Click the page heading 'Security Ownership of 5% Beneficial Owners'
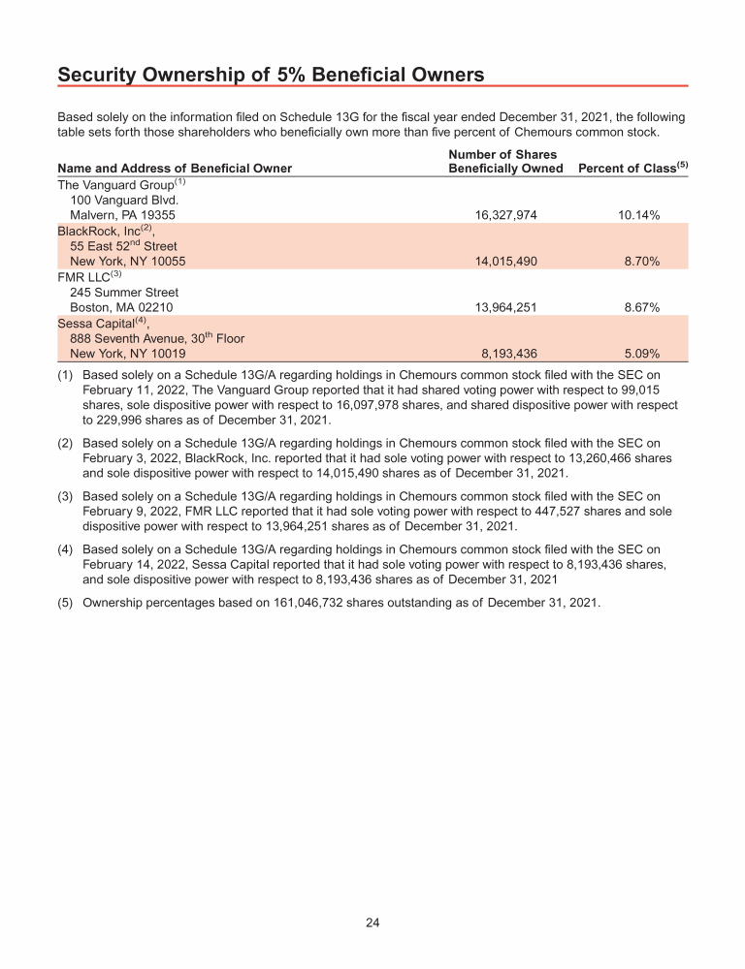[x=272, y=74]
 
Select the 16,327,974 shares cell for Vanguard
[x=505, y=215]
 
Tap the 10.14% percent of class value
[x=638, y=215]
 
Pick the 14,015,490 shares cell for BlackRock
[x=505, y=262]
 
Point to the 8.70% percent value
[x=642, y=262]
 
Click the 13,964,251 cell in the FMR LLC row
[x=505, y=307]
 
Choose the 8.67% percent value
[x=642, y=307]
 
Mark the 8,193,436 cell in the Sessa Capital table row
[x=509, y=354]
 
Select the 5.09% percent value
[x=642, y=354]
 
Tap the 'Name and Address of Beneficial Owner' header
[x=175, y=169]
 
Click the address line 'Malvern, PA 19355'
[x=122, y=215]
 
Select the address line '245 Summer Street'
[x=124, y=293]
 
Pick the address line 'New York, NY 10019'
[x=128, y=354]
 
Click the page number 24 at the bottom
[x=372, y=922]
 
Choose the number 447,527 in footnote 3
[x=513, y=513]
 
